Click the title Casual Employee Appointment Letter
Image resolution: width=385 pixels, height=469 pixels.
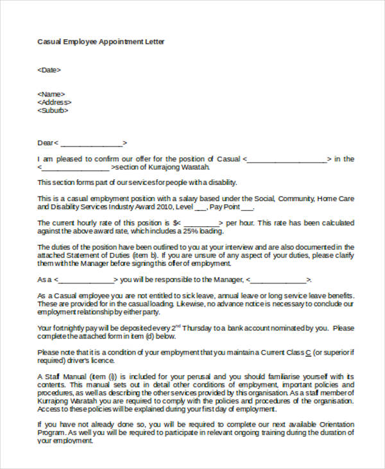point(101,42)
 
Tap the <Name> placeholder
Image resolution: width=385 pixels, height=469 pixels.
point(51,94)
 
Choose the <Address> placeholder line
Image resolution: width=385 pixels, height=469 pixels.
point(55,102)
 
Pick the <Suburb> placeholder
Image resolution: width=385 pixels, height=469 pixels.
point(53,111)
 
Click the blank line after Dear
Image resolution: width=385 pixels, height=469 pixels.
point(91,143)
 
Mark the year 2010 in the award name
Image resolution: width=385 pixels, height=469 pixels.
point(153,208)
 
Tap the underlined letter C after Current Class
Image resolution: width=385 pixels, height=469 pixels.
point(308,352)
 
